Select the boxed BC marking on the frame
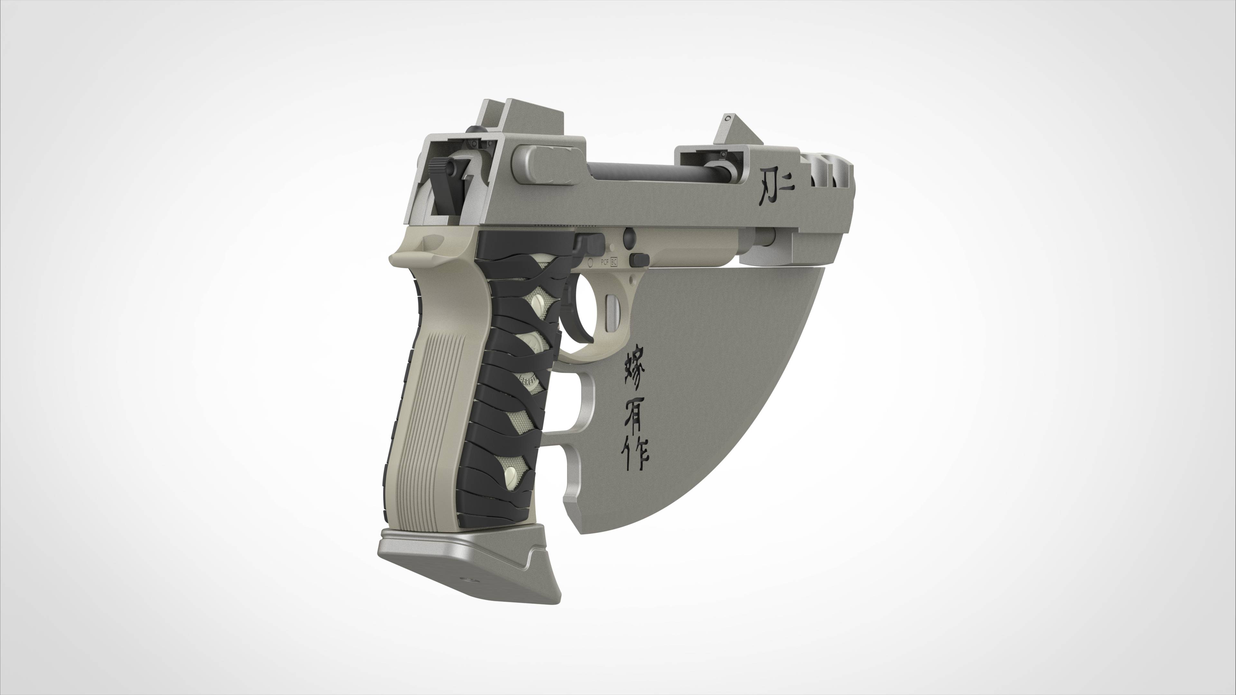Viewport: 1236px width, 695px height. coord(614,262)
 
